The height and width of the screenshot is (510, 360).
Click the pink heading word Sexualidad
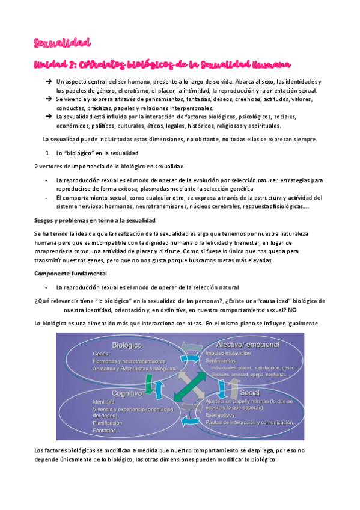click(62, 43)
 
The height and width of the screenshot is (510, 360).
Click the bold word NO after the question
click(292, 310)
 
